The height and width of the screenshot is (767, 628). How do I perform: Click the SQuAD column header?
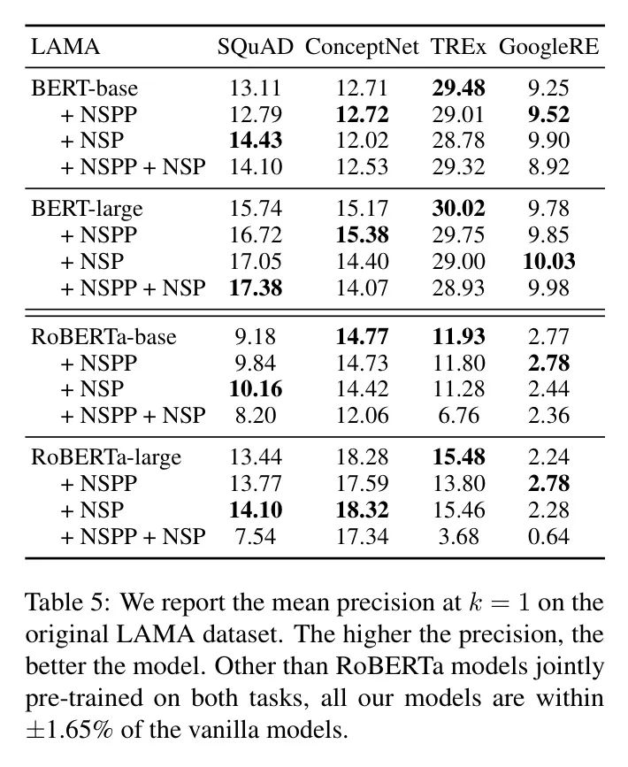click(256, 47)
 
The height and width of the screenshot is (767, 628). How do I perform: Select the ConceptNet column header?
click(362, 48)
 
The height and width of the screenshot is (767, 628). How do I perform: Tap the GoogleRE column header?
click(548, 48)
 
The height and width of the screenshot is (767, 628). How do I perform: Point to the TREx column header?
click(459, 47)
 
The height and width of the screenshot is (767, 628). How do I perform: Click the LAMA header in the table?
click(65, 47)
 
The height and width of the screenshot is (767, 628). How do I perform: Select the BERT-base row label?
click(85, 88)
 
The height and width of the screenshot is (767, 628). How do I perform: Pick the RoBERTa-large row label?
click(106, 457)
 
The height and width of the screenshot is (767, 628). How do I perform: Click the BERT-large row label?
click(87, 209)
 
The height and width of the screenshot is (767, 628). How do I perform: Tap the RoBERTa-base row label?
click(103, 336)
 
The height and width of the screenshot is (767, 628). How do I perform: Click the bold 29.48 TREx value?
click(459, 88)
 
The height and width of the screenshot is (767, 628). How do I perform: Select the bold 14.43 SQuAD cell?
click(256, 141)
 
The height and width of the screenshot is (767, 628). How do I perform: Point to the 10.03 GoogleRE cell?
click(548, 261)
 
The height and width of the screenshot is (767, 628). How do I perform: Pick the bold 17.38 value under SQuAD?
click(256, 288)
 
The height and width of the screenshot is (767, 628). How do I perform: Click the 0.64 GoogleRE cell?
click(548, 537)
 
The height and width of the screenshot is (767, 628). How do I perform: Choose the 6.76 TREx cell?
click(459, 415)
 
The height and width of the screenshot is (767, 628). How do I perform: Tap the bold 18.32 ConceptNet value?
click(362, 510)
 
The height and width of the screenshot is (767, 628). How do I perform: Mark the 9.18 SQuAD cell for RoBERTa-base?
click(256, 336)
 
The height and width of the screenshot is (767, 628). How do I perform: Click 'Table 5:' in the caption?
click(67, 602)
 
